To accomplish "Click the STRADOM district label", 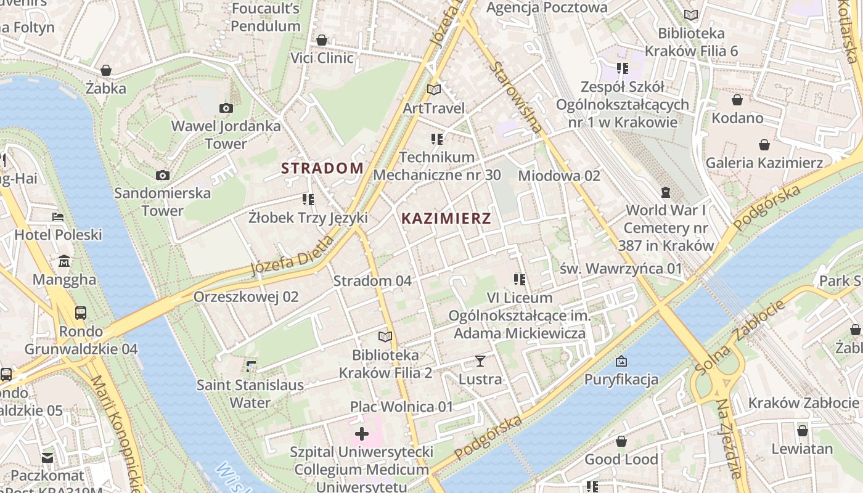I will [322, 168].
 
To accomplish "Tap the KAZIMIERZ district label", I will [446, 218].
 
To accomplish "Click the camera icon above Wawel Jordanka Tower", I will [226, 108].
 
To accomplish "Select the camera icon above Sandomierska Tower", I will [163, 176].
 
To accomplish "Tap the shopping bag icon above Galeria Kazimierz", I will [764, 145].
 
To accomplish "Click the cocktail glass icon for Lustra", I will [480, 361].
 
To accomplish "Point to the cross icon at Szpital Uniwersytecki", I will [362, 434].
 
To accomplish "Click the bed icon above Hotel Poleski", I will [58, 217].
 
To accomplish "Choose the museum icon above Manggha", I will [64, 261].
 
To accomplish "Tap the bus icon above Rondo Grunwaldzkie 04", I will [81, 312].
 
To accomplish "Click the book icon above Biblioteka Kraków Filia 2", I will [385, 336].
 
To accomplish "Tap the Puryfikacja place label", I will [621, 379].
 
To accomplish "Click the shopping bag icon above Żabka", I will [106, 70].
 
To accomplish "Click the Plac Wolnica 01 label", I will [401, 407].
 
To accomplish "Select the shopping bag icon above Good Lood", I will [621, 441].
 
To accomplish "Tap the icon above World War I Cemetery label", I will [666, 192].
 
